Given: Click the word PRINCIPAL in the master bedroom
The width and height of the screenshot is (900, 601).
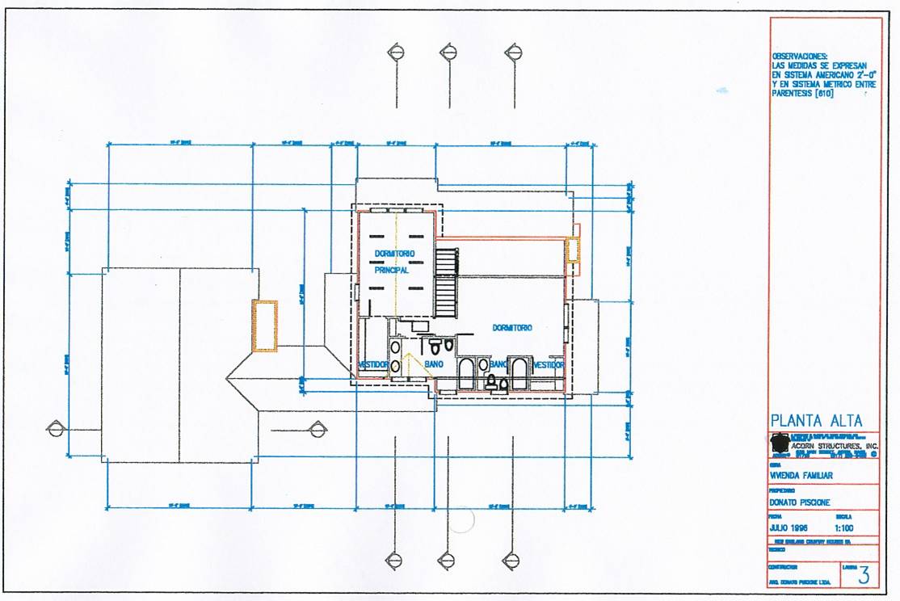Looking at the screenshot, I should (x=392, y=271).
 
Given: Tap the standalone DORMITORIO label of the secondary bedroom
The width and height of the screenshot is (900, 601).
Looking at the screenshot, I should (x=512, y=328).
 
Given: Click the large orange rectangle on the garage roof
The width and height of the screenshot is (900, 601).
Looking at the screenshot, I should (x=265, y=326).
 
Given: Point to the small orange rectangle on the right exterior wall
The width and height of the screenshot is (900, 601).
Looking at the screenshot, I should (x=573, y=250).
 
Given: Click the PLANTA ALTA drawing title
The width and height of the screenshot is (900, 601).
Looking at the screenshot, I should (x=816, y=421).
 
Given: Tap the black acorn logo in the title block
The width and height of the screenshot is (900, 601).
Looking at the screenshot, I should (x=779, y=443).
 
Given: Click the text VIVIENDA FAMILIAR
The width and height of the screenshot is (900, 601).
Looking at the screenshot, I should (x=801, y=476).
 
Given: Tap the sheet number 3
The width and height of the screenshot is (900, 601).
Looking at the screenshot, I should (x=864, y=575).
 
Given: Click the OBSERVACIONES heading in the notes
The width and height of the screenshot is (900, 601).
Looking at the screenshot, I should (x=801, y=57).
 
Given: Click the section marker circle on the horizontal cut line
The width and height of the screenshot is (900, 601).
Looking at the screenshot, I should (x=55, y=429).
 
